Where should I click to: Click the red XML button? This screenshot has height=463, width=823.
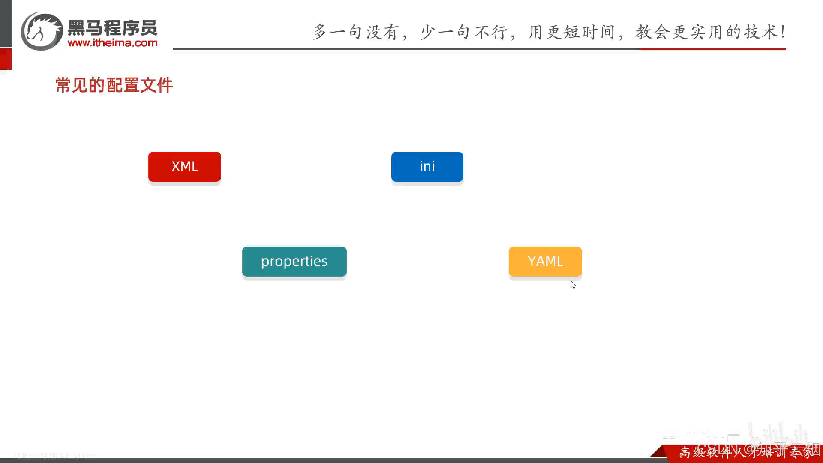(185, 166)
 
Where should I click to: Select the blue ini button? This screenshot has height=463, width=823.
(427, 166)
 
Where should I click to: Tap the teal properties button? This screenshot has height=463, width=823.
(294, 261)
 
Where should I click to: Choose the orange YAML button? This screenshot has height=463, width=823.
(545, 261)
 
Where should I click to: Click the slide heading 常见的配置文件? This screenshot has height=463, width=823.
(114, 85)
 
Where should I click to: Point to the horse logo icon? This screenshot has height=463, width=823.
(42, 31)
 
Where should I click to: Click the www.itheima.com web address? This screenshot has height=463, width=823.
(113, 43)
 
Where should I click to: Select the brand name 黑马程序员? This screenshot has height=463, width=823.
(113, 28)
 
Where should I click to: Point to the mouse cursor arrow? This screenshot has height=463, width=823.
(573, 284)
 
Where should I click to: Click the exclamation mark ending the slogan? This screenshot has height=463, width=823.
(783, 32)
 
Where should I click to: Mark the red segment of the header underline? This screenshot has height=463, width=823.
(713, 49)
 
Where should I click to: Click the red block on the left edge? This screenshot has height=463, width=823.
(6, 59)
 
